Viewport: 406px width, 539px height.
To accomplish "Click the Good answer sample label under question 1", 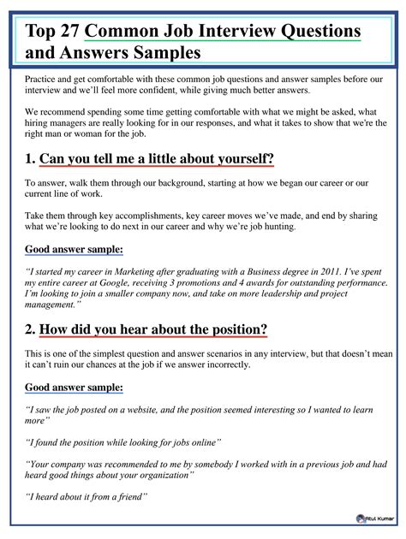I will (74, 249).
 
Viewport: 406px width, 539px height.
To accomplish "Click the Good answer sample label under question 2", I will (74, 388).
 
